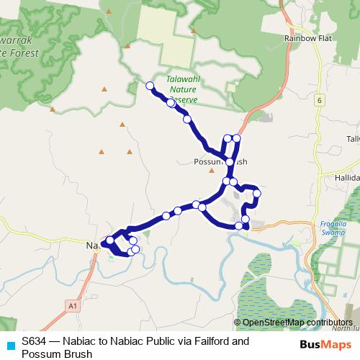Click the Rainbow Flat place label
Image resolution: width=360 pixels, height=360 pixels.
click(307, 37)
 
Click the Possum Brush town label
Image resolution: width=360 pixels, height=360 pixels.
click(221, 163)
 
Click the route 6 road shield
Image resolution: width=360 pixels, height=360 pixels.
click(318, 100)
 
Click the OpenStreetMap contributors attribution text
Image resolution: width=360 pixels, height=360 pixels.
click(297, 323)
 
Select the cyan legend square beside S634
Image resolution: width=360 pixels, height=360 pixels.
click(10, 345)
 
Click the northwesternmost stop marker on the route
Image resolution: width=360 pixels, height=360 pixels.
click(150, 86)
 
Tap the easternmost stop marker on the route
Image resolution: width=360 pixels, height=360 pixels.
click(256, 194)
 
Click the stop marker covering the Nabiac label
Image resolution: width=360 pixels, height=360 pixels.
click(109, 240)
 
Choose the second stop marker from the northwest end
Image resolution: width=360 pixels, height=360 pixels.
click(171, 103)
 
